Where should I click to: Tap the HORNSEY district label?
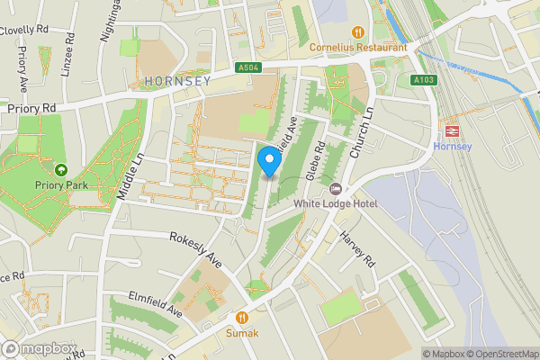[176, 81]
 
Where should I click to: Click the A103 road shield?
[425, 80]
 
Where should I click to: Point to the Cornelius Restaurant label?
[358, 47]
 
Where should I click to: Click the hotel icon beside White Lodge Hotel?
[336, 188]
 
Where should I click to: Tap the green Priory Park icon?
[61, 169]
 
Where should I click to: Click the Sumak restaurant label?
[242, 333]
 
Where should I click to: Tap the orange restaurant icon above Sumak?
[242, 317]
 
